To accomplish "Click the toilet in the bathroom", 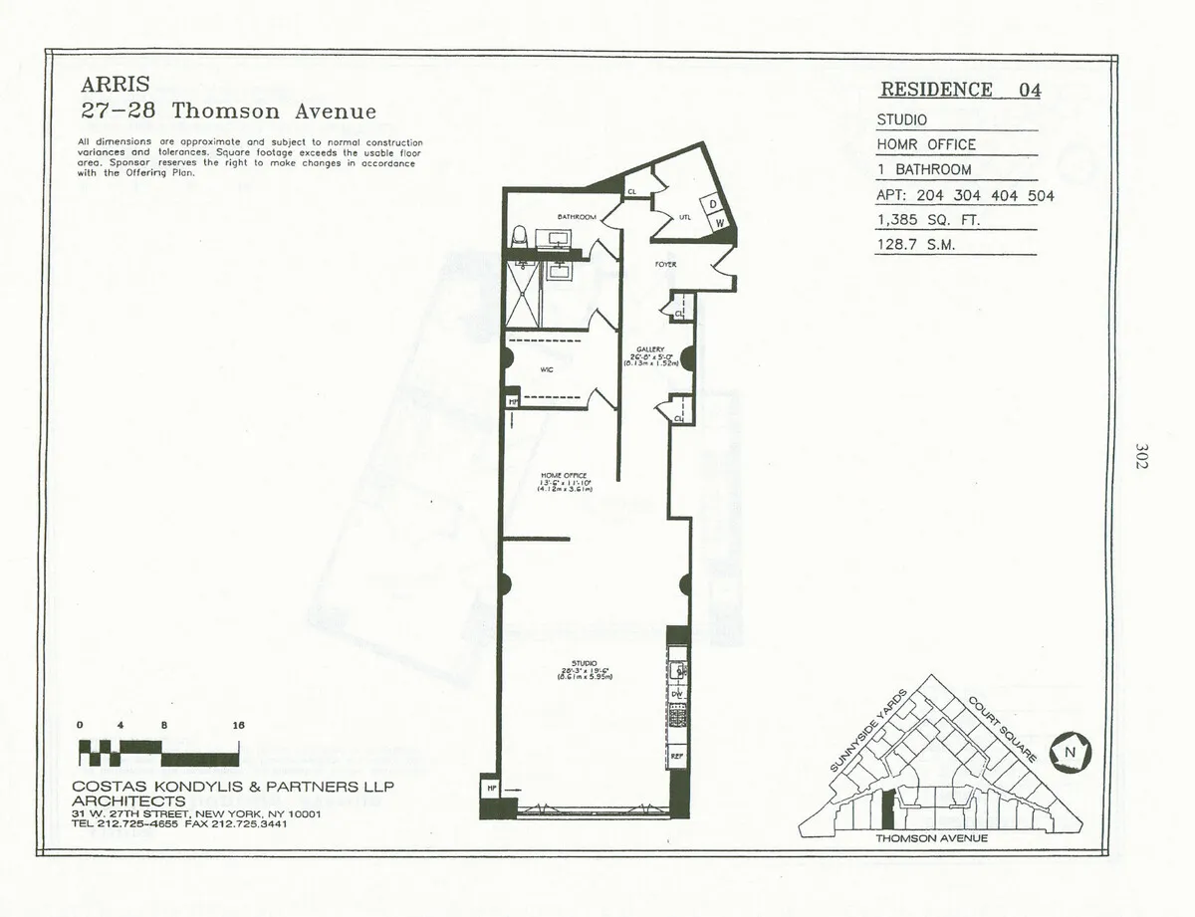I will coord(518,238).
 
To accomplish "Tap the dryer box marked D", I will coord(714,204).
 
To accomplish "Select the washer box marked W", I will coord(719,224).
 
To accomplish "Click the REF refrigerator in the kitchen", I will coord(677,757).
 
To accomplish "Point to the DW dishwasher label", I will coord(677,694).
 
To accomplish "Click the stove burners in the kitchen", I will coord(677,717).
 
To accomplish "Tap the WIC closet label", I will coord(546,369).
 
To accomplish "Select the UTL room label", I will coord(685,216).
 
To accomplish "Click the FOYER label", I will coord(665,265).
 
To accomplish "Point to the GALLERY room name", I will coord(651,349).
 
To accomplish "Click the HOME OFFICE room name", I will coord(564,476).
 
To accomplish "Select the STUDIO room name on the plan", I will coord(585,663).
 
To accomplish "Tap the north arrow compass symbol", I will coord(1071,752).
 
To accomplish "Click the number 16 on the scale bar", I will coord(238,726).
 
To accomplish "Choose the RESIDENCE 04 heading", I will coord(960,90).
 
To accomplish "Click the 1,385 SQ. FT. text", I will coord(928,220).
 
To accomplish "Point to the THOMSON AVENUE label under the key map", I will coord(931,838).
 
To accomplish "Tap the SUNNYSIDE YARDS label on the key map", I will coord(867,732).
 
